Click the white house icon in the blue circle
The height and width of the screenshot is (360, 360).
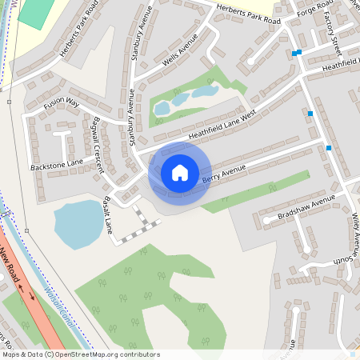180,172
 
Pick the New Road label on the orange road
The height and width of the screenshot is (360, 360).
14,262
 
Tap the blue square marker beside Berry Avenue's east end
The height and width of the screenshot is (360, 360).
329,147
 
